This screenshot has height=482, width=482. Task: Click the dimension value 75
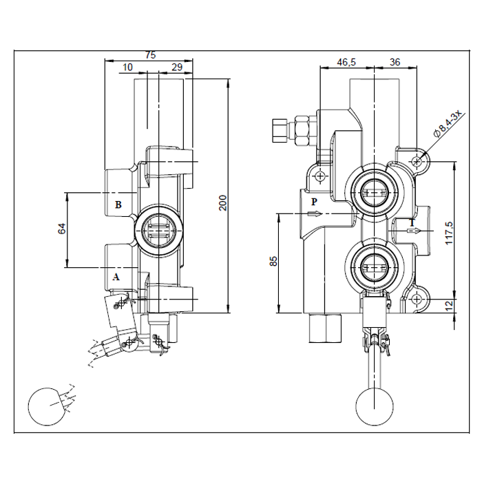(151, 54)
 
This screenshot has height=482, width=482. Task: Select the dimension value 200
(222, 202)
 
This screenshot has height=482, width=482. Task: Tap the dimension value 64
(61, 229)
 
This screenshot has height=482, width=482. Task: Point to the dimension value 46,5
(346, 62)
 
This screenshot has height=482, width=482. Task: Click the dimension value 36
(395, 62)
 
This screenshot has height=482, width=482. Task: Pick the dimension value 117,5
(449, 233)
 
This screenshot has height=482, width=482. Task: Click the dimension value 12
(449, 304)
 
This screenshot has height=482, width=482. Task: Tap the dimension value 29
(176, 67)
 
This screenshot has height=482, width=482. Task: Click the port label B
(118, 205)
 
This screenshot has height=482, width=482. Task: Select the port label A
(116, 277)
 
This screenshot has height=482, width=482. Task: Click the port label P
(313, 202)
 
